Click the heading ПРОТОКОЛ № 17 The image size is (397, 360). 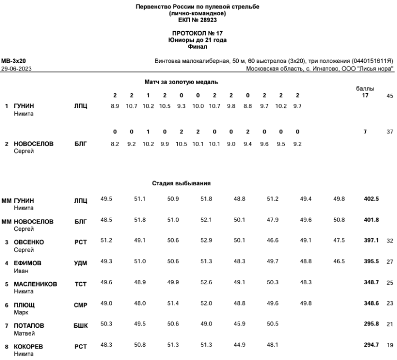[x=198, y=33]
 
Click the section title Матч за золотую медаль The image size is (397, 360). [x=182, y=82]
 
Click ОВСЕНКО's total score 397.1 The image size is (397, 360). [x=371, y=241]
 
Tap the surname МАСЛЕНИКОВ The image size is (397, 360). [x=35, y=284]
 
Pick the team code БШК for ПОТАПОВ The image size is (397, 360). [x=81, y=326]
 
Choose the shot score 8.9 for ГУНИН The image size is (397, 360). [x=115, y=106]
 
